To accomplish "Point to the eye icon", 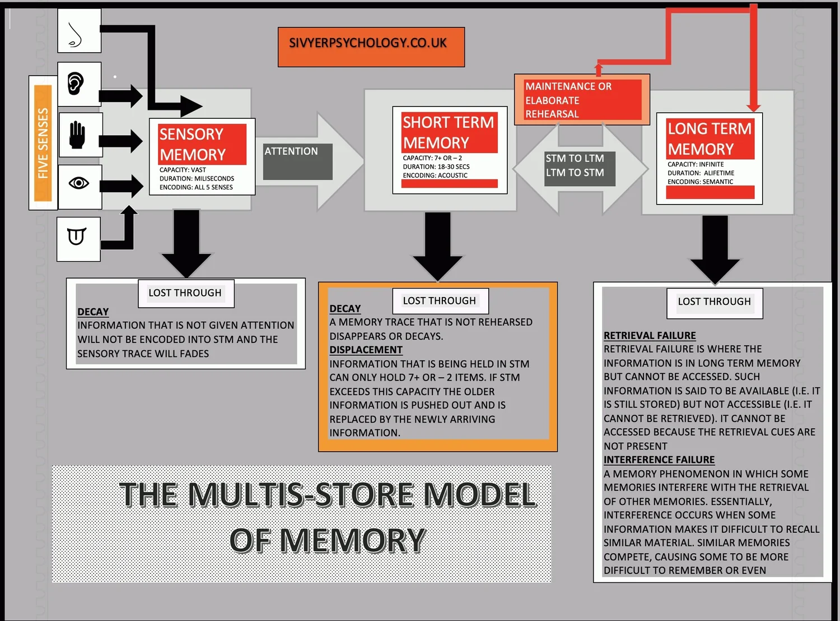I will click(79, 183).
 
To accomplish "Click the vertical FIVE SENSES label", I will click(43, 143).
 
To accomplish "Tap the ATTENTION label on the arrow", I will click(291, 151).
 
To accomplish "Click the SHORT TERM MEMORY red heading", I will click(448, 132).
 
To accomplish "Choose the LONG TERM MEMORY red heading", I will click(709, 138).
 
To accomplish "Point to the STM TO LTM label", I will click(575, 159).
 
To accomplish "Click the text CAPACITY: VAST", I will click(183, 170).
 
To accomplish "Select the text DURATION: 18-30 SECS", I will click(436, 166).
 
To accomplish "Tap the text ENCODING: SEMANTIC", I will click(700, 182).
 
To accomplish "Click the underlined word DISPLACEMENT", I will click(366, 350).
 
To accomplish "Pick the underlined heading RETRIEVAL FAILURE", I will click(650, 335).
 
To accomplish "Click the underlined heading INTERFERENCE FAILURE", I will click(659, 460).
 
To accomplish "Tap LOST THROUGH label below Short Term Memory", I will click(440, 301).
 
